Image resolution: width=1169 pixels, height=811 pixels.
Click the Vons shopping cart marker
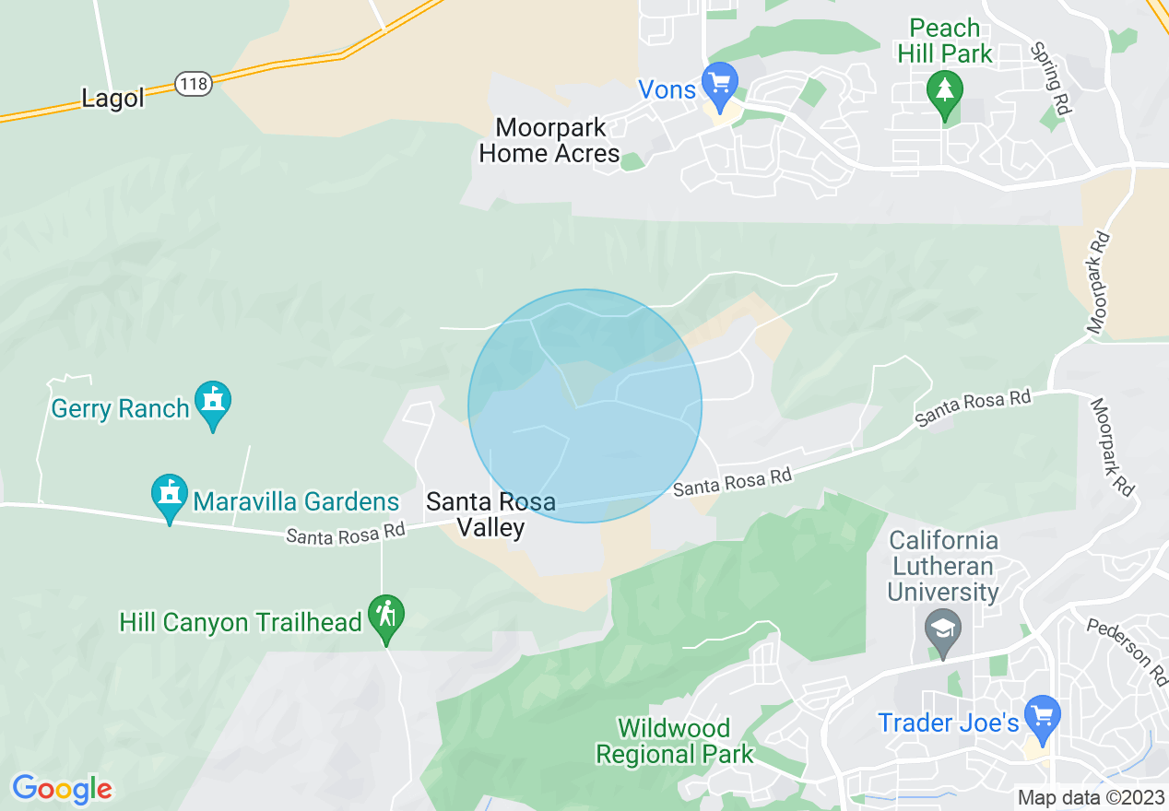click(719, 83)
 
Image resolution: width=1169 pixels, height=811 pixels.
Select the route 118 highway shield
click(195, 84)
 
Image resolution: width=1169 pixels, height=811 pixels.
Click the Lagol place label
click(112, 99)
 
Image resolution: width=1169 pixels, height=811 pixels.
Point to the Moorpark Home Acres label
click(549, 140)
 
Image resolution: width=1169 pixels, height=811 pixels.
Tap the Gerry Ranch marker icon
click(214, 402)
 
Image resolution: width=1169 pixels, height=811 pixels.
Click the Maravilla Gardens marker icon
click(170, 495)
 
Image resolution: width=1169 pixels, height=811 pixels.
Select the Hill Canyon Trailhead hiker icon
click(386, 614)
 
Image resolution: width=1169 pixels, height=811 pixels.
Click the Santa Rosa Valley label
click(490, 514)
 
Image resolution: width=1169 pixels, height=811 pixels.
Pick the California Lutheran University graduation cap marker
click(943, 630)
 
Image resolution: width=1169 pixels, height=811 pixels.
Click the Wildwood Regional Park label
click(675, 741)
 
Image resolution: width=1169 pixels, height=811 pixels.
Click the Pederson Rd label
click(1127, 652)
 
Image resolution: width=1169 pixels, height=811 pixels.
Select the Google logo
click(63, 789)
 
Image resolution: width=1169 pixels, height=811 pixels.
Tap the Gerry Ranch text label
click(120, 408)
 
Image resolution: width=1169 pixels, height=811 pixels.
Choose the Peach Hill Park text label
click(945, 41)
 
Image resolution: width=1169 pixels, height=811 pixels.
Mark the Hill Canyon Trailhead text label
click(240, 623)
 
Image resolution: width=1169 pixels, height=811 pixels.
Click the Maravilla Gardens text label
click(296, 502)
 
